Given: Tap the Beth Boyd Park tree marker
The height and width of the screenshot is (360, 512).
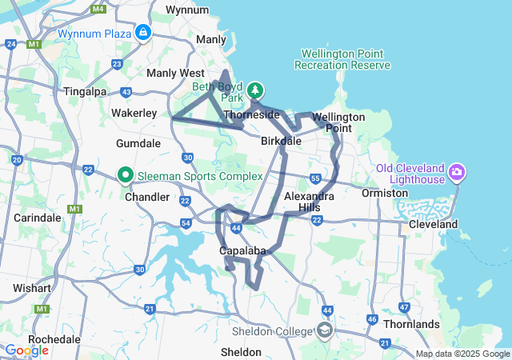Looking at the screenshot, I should pyautogui.click(x=255, y=90).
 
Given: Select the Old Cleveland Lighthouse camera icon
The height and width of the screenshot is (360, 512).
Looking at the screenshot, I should pyautogui.click(x=457, y=171).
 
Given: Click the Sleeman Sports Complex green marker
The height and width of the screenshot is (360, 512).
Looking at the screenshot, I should pyautogui.click(x=126, y=174).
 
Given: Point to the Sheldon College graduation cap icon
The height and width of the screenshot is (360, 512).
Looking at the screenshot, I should pyautogui.click(x=325, y=330).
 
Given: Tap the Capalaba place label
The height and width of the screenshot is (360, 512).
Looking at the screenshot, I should pyautogui.click(x=242, y=250).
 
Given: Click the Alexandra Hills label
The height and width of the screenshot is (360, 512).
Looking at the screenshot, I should pyautogui.click(x=310, y=202).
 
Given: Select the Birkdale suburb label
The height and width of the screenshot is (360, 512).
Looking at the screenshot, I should pyautogui.click(x=282, y=141).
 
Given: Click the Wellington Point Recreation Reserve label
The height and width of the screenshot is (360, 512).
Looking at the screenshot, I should pyautogui.click(x=343, y=59).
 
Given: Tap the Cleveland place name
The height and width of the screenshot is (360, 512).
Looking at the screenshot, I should pyautogui.click(x=433, y=224).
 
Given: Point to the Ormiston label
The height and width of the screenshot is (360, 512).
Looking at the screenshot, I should pyautogui.click(x=385, y=193).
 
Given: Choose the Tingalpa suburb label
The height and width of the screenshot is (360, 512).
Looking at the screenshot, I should pyautogui.click(x=84, y=91).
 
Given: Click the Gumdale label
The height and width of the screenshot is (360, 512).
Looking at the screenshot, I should pyautogui.click(x=138, y=143).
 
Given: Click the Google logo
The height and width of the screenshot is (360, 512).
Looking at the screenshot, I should pyautogui.click(x=26, y=350).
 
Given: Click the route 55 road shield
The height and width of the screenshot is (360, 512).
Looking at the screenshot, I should pyautogui.click(x=315, y=178).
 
